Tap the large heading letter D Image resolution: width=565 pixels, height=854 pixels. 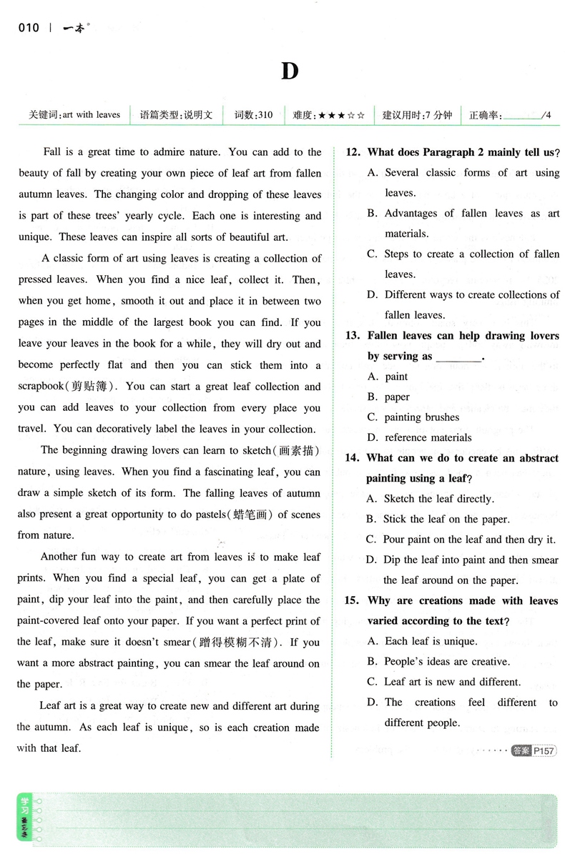[x=288, y=71]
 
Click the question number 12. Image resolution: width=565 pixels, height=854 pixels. [x=352, y=152]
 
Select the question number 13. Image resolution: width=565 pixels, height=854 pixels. [x=352, y=335]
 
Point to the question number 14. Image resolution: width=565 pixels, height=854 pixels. [x=352, y=458]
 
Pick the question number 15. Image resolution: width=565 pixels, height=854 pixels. [x=352, y=601]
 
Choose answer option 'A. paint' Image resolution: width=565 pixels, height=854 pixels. [x=387, y=377]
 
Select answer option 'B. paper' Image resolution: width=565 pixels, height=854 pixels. [x=388, y=397]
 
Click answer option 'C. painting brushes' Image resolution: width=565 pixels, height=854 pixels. [x=413, y=417]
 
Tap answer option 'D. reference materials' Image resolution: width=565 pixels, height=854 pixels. [x=419, y=437]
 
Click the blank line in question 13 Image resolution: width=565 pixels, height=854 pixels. [x=458, y=357]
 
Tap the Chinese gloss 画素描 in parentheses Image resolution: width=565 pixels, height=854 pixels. [x=295, y=450]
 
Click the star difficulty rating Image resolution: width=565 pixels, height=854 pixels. [x=341, y=115]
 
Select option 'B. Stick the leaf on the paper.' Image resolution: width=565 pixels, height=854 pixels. [x=437, y=520]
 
